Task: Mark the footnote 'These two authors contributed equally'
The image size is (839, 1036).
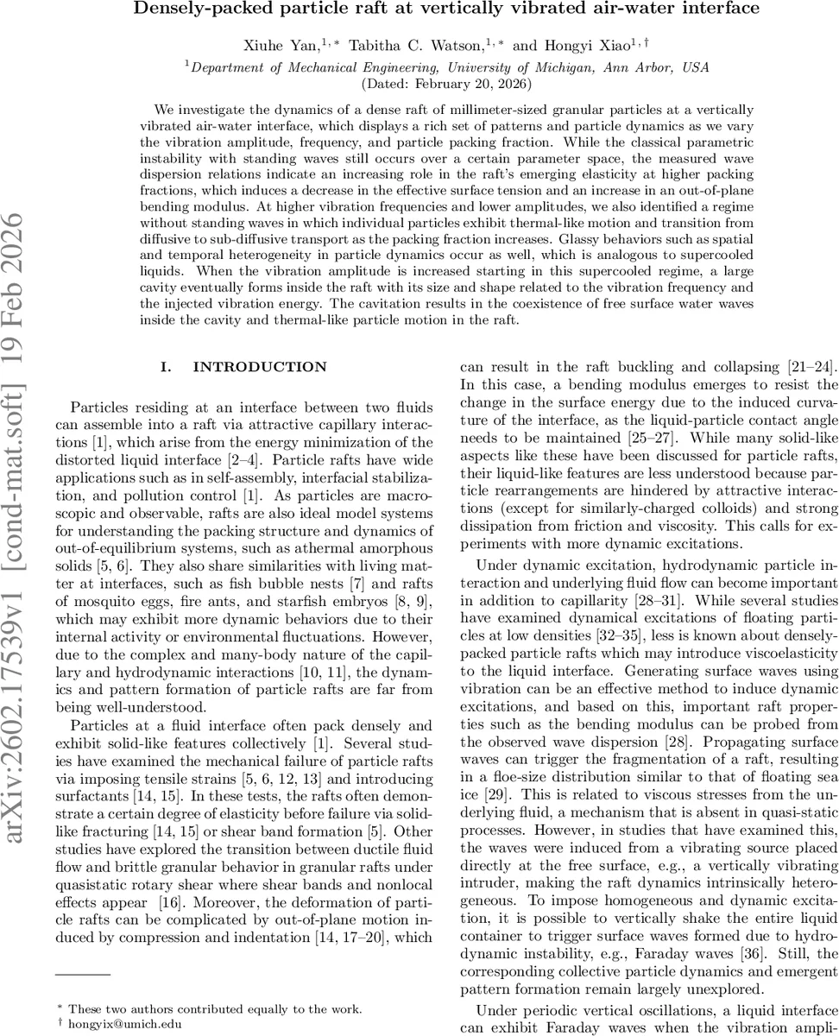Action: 215,1008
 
